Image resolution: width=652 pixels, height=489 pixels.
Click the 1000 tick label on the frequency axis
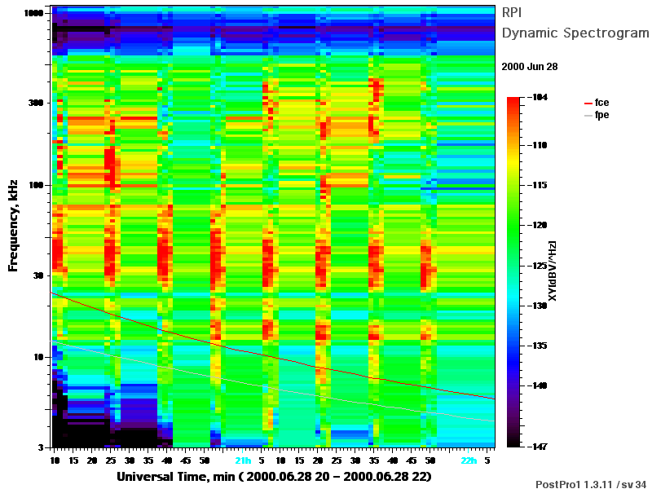click(33, 13)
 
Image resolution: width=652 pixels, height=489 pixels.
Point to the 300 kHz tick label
click(36, 103)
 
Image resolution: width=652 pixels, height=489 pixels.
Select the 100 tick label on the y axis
click(36, 185)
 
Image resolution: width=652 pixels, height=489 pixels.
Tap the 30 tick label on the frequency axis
click(38, 275)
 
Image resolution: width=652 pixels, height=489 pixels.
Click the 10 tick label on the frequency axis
click(38, 357)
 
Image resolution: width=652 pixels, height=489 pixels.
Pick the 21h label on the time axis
click(243, 460)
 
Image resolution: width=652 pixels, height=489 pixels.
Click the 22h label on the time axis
click(469, 460)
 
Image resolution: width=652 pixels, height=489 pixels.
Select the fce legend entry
click(597, 103)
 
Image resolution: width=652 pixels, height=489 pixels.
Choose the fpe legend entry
click(597, 115)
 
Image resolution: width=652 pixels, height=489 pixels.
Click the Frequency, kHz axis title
click(13, 226)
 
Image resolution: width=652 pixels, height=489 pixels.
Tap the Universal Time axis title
click(274, 477)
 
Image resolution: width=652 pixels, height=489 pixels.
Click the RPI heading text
click(512, 12)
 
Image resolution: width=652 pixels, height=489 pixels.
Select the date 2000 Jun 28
click(529, 67)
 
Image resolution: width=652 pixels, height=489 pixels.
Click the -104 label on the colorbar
click(538, 97)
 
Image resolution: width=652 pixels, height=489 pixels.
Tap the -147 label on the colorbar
click(538, 447)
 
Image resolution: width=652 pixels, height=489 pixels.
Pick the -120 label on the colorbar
click(538, 225)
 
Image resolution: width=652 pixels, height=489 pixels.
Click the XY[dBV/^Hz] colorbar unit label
click(553, 271)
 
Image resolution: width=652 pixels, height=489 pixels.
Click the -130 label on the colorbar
click(538, 306)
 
